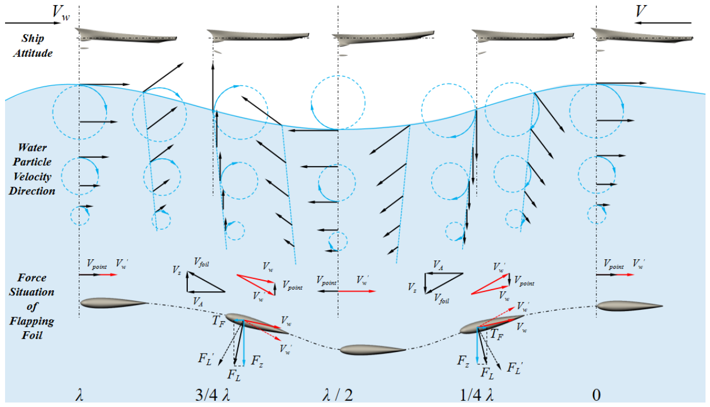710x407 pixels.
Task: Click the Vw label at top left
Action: [x=61, y=13]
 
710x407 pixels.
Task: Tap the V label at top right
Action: [x=641, y=11]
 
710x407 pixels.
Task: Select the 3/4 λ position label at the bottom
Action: [x=212, y=395]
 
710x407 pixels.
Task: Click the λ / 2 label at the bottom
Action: [x=337, y=395]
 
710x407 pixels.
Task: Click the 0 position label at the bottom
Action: [x=596, y=395]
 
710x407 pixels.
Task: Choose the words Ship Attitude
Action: [x=33, y=45]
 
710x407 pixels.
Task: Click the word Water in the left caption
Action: [x=33, y=148]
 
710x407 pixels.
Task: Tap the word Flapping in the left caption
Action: [x=31, y=322]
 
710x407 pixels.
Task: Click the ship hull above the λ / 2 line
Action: [x=383, y=38]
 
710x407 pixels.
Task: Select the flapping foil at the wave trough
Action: [x=373, y=349]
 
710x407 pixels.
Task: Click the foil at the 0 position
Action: [x=629, y=306]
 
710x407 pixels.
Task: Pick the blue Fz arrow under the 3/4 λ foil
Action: [x=244, y=343]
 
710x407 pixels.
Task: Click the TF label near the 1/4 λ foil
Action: [x=497, y=335]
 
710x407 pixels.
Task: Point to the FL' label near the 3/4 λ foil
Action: [x=206, y=358]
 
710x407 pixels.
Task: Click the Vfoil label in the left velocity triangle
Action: [x=202, y=262]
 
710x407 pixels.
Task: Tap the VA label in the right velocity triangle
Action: [x=438, y=265]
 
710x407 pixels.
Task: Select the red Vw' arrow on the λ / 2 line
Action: [x=357, y=291]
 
